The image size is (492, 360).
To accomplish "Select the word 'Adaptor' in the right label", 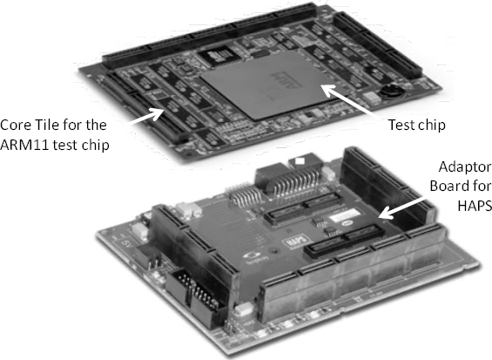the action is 465,167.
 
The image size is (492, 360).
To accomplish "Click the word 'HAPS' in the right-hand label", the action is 474,206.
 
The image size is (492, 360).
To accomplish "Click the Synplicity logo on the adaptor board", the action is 255,257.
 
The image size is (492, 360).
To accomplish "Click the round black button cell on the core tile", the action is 391,92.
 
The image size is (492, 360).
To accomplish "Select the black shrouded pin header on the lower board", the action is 194,297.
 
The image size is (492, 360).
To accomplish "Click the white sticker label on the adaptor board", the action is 344,215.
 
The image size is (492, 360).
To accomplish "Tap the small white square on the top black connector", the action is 300,161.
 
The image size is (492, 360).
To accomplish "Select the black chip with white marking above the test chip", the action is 219,55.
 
